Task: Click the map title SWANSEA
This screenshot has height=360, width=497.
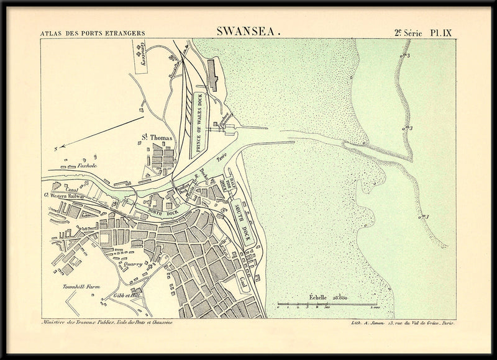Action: click(248, 30)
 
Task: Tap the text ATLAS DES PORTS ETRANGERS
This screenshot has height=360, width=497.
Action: click(92, 32)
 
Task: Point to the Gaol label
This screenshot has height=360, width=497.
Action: click(243, 281)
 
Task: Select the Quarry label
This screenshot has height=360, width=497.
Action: click(134, 264)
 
